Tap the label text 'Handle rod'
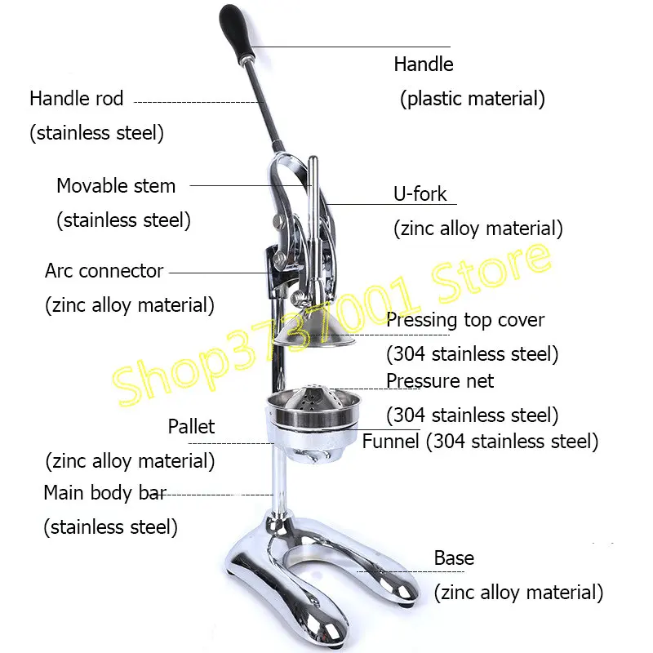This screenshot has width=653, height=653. [76, 99]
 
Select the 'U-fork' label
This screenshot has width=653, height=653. [420, 194]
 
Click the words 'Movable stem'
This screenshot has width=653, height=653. [116, 185]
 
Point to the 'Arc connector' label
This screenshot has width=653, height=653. [104, 271]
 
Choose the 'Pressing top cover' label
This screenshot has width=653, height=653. [465, 320]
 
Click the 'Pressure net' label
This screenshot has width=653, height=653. [440, 380]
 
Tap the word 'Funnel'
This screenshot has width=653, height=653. [391, 442]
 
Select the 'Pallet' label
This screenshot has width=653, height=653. [191, 426]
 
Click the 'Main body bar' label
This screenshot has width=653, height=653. [104, 493]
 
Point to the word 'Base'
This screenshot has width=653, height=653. [454, 558]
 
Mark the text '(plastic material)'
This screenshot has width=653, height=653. [472, 100]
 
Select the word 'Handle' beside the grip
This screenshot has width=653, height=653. [424, 64]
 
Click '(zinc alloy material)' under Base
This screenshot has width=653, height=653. [518, 593]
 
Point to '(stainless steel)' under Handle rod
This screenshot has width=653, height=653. [96, 133]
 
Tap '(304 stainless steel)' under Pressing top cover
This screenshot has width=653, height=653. [472, 354]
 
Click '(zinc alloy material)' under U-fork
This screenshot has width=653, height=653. [478, 229]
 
